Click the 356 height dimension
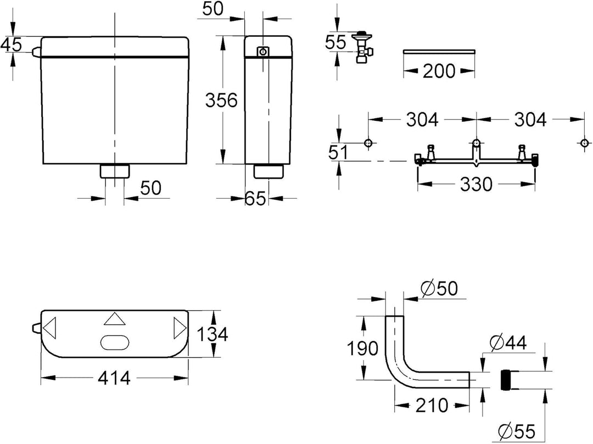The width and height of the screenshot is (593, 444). point(221,100)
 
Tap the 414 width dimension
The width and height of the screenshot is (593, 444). point(114,378)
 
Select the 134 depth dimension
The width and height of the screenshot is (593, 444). point(212,334)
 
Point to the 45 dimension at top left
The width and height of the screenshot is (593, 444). point(11,44)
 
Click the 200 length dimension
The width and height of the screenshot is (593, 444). point(439,71)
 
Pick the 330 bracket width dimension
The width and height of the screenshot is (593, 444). point(476,184)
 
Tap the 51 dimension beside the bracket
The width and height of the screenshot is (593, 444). point(338,153)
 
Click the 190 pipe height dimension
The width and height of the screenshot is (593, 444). point(362,348)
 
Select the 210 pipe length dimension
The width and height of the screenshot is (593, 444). point(432,406)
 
